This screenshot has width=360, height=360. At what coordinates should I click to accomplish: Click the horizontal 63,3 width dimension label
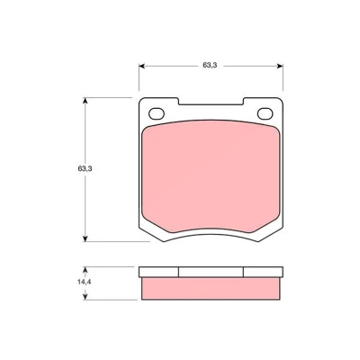[x=210, y=65]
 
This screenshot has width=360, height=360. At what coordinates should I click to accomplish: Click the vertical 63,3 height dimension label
[x=85, y=168]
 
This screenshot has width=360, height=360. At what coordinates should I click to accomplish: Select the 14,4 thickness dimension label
[x=85, y=282]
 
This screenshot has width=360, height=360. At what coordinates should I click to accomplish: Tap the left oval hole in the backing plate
[x=157, y=113]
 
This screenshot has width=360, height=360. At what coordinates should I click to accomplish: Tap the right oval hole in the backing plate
[x=265, y=113]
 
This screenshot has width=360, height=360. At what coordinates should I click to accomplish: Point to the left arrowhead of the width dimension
[x=141, y=66]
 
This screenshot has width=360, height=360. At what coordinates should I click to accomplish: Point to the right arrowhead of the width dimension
[x=280, y=66]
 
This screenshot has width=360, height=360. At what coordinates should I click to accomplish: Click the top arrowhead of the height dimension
[x=85, y=101]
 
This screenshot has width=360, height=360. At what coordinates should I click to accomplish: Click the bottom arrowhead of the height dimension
[x=85, y=238]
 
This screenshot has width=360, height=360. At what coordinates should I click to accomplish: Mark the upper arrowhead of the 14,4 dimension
[x=85, y=270]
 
